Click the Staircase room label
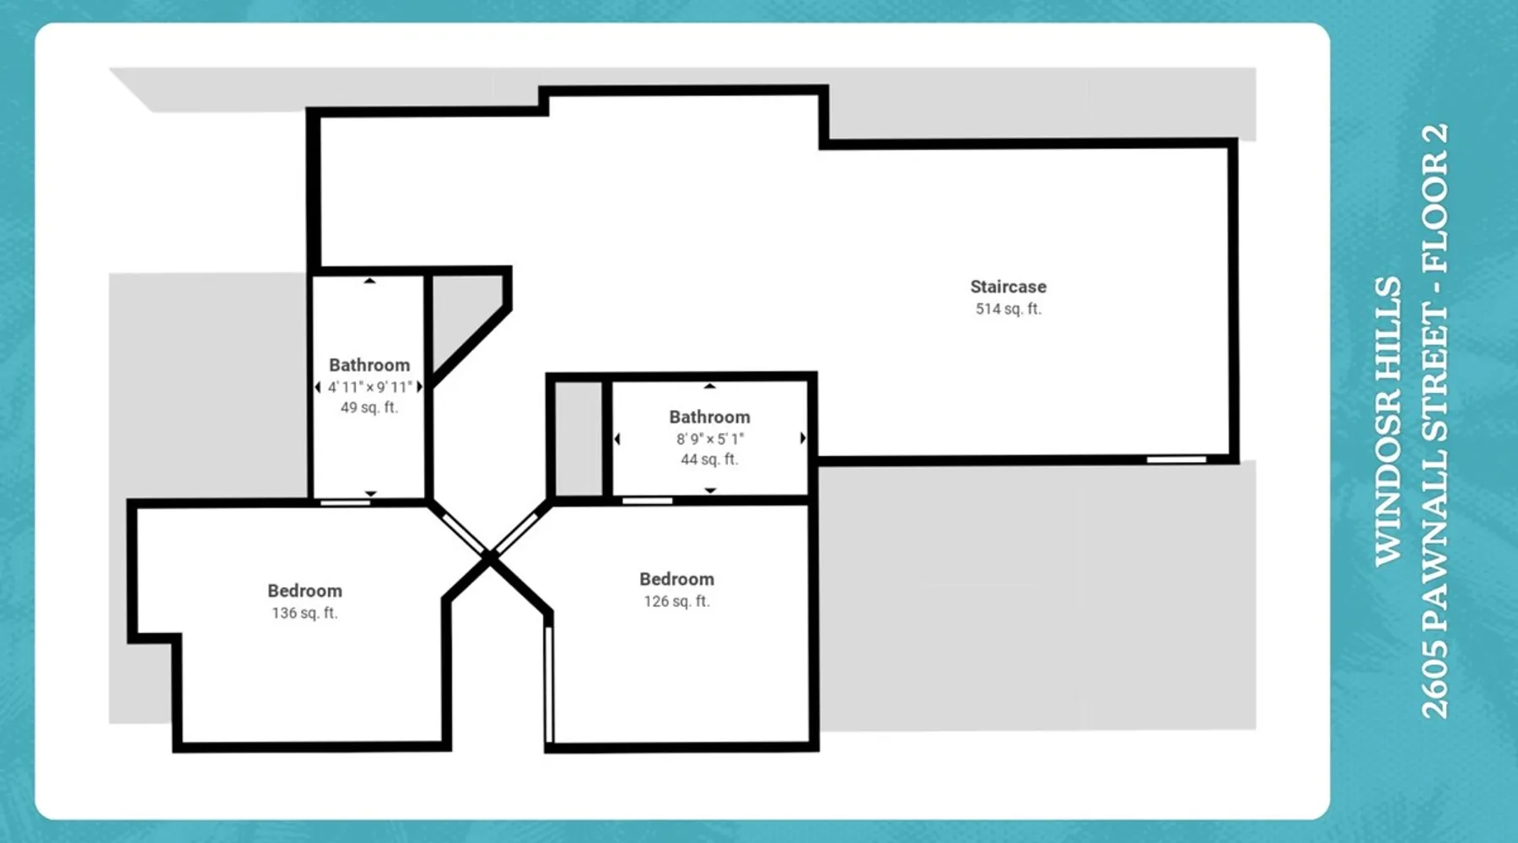1008,287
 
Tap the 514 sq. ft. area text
1009,309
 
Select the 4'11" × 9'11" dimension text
370,387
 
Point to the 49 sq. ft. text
369,407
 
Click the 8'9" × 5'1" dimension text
710,439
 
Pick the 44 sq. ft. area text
709,459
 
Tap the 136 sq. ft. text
304,613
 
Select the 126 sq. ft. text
677,601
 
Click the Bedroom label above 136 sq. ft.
304,591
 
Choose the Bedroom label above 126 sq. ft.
676,579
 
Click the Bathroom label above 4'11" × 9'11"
369,365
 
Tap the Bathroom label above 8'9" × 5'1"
709,417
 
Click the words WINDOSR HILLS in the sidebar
1388,421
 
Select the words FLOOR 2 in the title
1435,198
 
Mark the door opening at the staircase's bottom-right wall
1176,459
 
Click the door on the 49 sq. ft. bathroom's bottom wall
346,502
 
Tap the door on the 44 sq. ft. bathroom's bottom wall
648,501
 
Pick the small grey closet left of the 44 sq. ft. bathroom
579,438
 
